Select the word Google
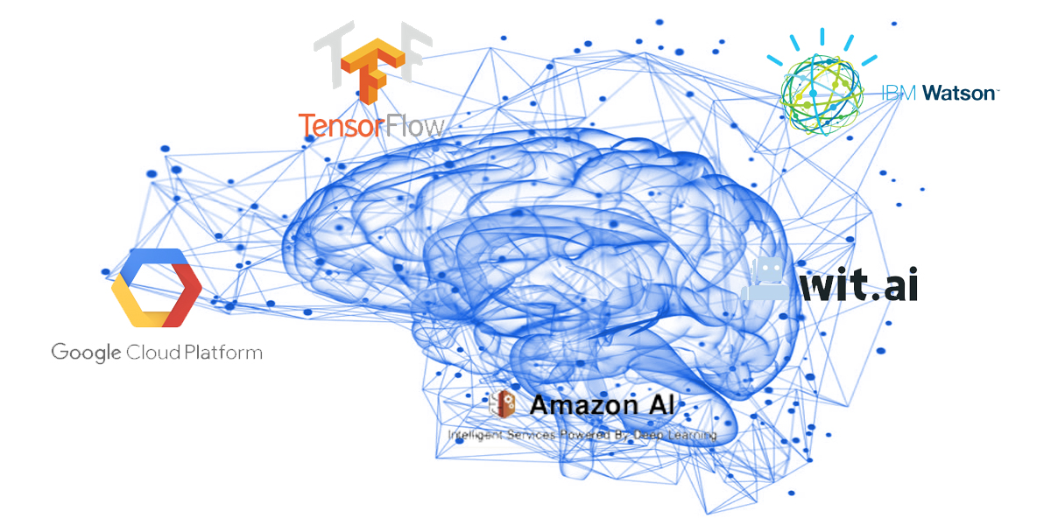[86, 353]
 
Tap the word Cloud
[152, 353]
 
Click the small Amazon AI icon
[505, 404]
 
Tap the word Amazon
[583, 405]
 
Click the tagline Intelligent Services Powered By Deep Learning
[582, 435]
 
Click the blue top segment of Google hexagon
[154, 259]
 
